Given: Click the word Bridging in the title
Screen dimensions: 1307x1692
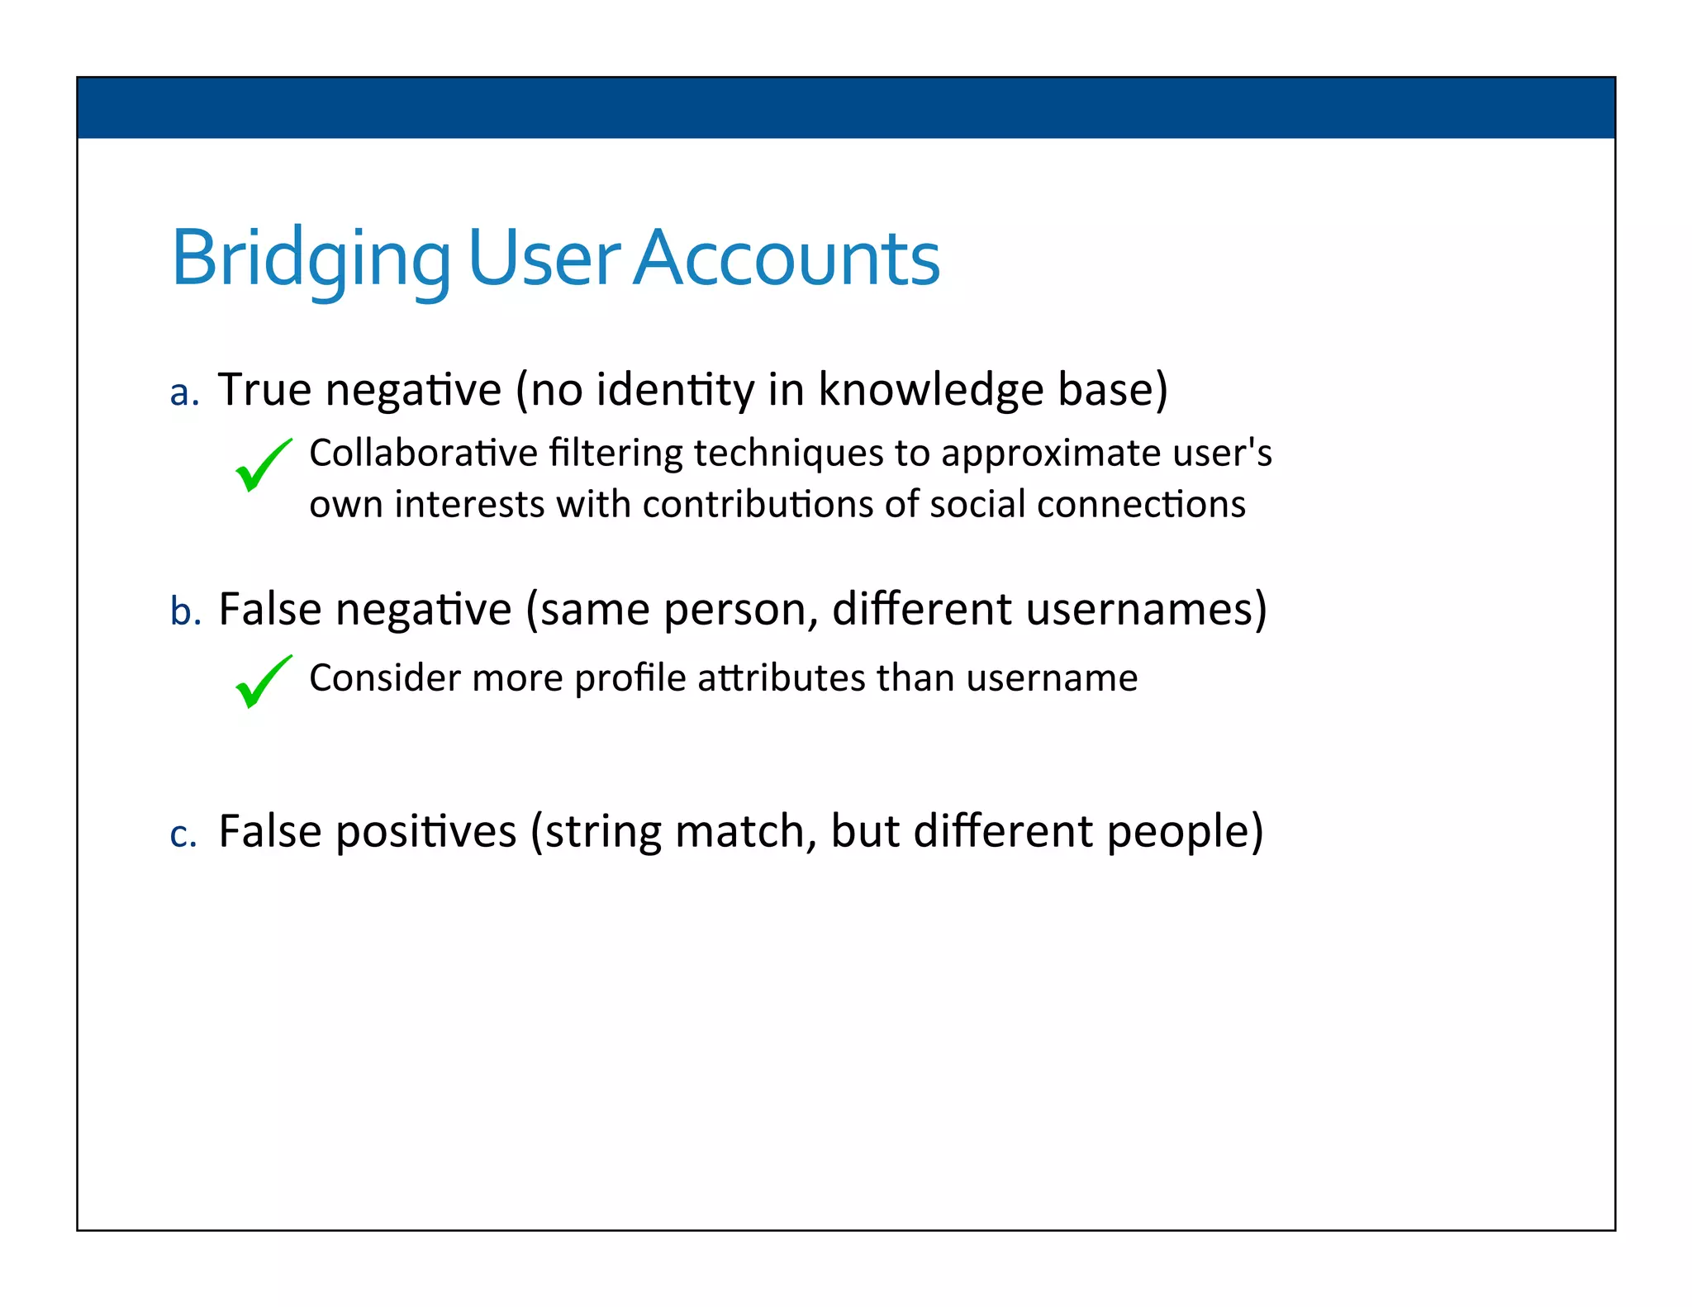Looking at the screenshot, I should (310, 259).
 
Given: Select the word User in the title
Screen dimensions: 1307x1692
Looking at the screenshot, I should (543, 259).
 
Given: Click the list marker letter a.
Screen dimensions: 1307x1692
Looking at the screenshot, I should (183, 393).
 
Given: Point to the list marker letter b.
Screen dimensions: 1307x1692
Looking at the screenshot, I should (185, 612).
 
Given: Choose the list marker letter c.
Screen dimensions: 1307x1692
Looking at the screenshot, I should (183, 834).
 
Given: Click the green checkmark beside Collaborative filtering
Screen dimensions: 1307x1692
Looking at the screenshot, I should (263, 465).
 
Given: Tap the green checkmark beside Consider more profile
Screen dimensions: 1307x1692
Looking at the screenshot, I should (263, 682).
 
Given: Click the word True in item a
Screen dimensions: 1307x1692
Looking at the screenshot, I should (264, 389).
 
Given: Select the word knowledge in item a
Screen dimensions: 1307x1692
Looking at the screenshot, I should (930, 389).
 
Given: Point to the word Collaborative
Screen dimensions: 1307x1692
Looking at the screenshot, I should (423, 453).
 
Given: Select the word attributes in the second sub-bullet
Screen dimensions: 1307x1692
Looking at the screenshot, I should (781, 677).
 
